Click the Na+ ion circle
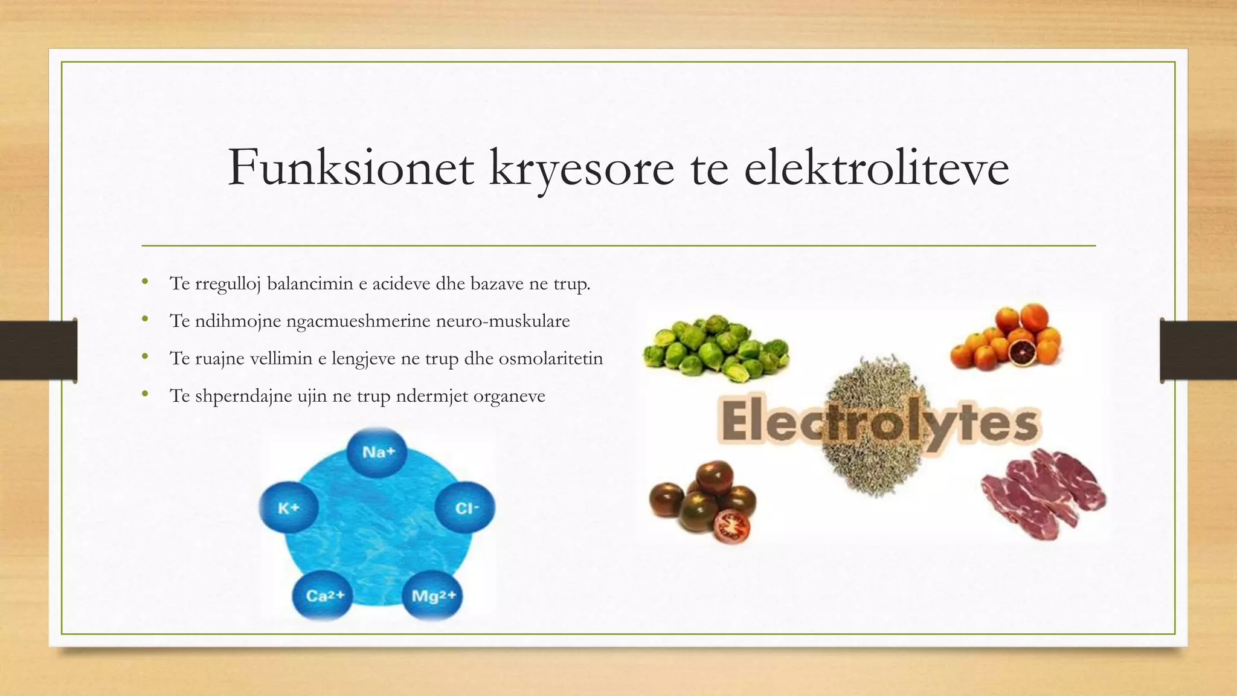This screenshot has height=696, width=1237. pos(378,452)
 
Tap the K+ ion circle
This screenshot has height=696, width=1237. pos(289,508)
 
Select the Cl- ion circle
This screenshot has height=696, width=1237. pos(466,508)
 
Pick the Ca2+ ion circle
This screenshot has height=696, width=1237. pos(324,596)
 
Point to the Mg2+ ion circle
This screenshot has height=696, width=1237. pos(432,596)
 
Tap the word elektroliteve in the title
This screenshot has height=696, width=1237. pos(876,167)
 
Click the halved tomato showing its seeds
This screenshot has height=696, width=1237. pos(731,526)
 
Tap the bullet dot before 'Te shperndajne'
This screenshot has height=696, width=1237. pos(145,395)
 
